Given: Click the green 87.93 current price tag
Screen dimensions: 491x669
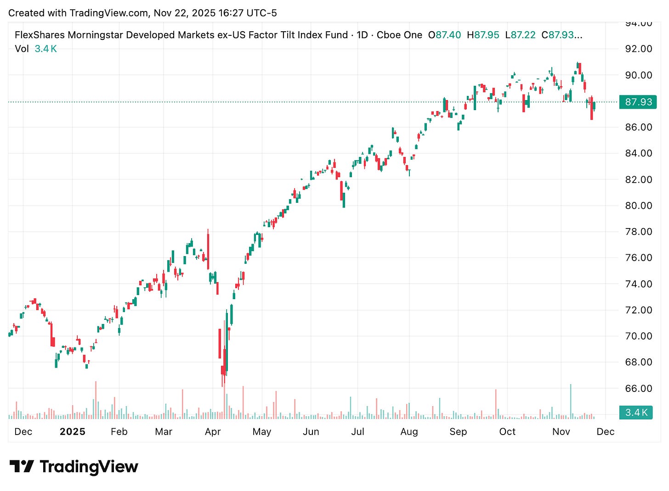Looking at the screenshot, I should tap(638, 102).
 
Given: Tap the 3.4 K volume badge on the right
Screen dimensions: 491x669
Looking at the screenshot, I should tap(636, 412).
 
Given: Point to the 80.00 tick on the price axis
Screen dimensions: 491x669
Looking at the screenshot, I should tap(638, 206).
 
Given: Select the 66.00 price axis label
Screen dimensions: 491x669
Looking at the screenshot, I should tap(638, 388).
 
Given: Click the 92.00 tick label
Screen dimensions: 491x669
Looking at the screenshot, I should tap(638, 49).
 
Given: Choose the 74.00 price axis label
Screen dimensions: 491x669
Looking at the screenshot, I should tap(638, 284).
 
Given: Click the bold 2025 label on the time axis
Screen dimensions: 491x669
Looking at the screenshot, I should tap(73, 432).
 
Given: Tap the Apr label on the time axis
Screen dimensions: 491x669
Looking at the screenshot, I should tap(213, 432).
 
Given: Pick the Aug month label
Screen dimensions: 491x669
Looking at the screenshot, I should tap(409, 432).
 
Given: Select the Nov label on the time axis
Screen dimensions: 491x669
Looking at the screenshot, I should tap(561, 432).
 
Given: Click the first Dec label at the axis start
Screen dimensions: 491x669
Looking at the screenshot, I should tap(23, 432).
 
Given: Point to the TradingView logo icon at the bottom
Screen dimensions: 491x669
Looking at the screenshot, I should tap(21, 467).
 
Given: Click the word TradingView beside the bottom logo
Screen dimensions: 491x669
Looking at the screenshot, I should tap(89, 467).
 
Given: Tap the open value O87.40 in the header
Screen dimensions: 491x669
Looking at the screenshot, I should tap(444, 35).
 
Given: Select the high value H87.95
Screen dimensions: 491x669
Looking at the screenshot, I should tap(483, 35).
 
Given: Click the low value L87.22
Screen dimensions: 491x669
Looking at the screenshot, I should tap(520, 35).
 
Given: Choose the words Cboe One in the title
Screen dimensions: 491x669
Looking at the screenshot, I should tap(399, 35).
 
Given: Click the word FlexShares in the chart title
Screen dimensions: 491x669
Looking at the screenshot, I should tap(40, 35).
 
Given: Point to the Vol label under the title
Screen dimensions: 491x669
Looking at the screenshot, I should tap(22, 49).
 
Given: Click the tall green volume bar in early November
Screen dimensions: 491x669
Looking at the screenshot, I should tap(571, 402).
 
